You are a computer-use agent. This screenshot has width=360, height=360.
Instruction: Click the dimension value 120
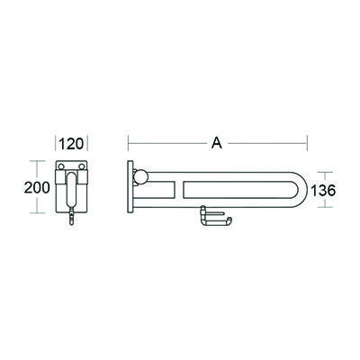71,142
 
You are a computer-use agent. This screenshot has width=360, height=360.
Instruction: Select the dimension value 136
324,192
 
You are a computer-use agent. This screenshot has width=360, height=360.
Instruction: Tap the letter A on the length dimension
217,142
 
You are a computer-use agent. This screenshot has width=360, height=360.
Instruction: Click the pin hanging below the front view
70,222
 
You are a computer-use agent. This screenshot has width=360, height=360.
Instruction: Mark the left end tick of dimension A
129,142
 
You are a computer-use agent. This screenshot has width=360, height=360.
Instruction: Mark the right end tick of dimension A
309,142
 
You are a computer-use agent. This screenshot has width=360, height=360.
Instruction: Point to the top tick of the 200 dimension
36,161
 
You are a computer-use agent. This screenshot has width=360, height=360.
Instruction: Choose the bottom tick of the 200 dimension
36,213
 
